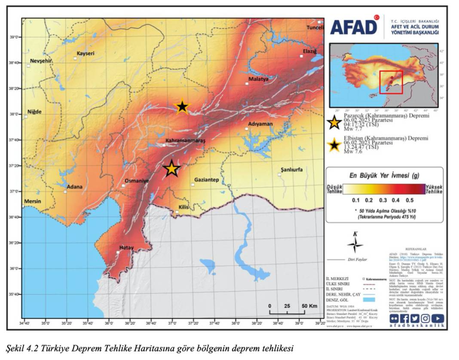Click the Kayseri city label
85,54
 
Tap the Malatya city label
258,79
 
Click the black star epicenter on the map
182,107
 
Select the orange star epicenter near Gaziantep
171,168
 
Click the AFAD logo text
353,27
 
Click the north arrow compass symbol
355,245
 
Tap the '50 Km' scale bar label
309,305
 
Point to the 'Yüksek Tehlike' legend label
434,189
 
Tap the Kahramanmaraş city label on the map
186,140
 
